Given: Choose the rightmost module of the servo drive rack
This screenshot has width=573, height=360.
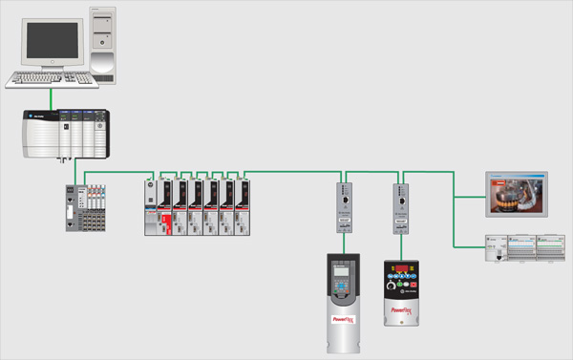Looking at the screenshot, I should click(x=244, y=205).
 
